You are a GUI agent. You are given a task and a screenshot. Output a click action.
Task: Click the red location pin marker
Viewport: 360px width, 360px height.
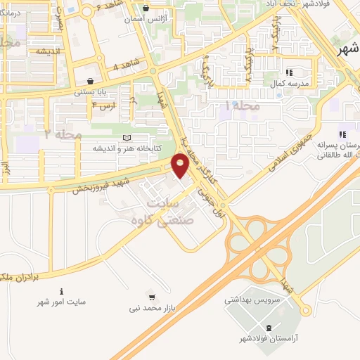[x=180, y=166]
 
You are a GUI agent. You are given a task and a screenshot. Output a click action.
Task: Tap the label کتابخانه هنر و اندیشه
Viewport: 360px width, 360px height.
[x=133, y=148]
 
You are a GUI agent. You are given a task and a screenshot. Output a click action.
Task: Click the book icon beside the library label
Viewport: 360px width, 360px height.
[x=127, y=138]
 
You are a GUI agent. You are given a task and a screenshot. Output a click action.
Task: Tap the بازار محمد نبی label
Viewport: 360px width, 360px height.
[x=149, y=308]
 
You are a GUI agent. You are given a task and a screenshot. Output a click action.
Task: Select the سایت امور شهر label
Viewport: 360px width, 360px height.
[x=62, y=302]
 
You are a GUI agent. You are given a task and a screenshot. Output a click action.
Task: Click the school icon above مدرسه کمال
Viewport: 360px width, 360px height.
[x=288, y=72]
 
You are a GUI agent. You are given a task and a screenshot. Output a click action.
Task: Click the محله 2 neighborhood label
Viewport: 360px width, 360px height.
[x=63, y=134]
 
